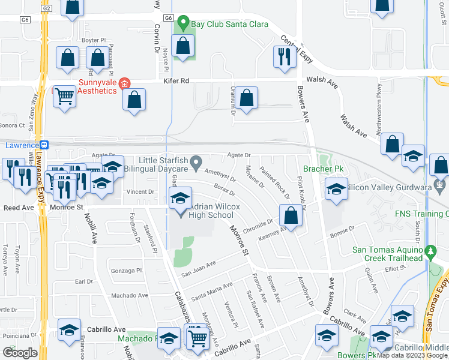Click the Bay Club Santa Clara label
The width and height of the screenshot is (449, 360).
point(229,25)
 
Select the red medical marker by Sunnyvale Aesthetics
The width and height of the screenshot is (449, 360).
point(124,85)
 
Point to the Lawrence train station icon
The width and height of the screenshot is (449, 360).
point(44,145)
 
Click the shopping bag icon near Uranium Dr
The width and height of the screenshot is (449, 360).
point(246,98)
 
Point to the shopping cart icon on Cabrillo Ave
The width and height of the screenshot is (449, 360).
point(197,338)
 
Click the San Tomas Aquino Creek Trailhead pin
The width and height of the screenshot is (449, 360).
point(430,250)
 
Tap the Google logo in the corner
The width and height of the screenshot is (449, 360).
point(20,353)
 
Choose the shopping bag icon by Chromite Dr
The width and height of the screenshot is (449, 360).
point(291,217)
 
